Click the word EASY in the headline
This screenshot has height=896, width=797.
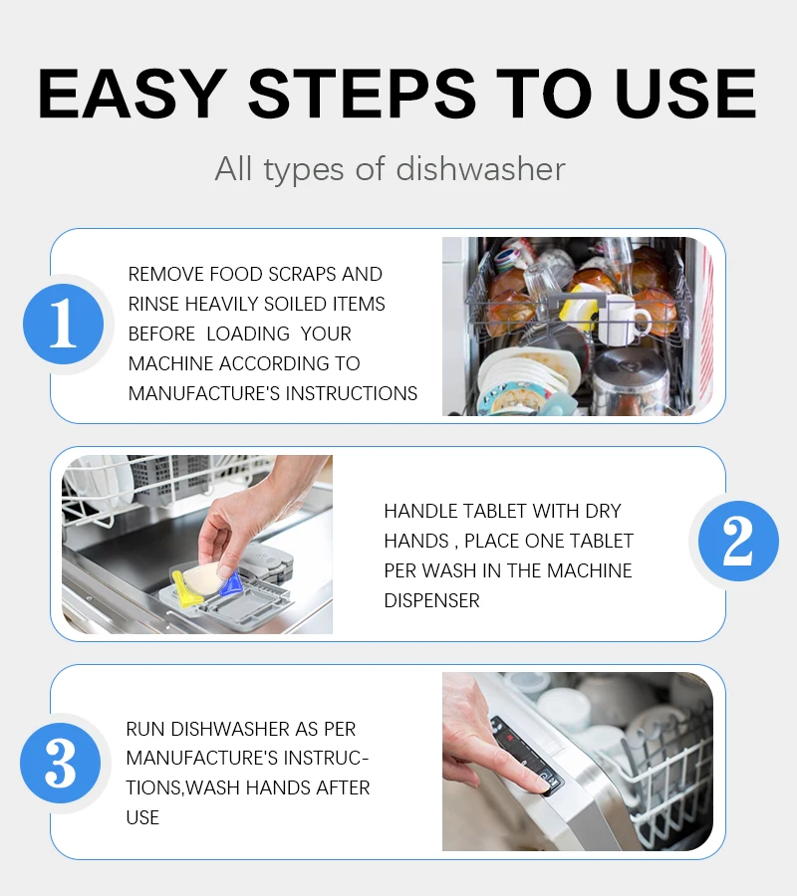click(x=133, y=94)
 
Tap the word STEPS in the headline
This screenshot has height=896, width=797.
click(x=362, y=94)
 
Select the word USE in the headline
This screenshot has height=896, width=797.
click(x=686, y=94)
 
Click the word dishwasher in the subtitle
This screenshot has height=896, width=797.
click(x=480, y=168)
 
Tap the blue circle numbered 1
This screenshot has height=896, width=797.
click(x=64, y=324)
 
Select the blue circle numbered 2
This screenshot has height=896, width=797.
click(x=738, y=541)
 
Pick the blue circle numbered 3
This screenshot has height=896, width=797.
click(x=60, y=763)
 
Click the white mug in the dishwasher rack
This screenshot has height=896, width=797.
click(x=624, y=319)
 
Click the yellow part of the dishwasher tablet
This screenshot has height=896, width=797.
click(x=187, y=588)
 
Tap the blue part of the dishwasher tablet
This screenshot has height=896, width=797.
click(x=231, y=583)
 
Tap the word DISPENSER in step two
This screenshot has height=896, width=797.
click(x=431, y=600)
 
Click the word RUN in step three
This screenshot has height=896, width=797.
click(x=145, y=729)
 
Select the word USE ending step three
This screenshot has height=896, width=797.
click(x=142, y=817)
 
